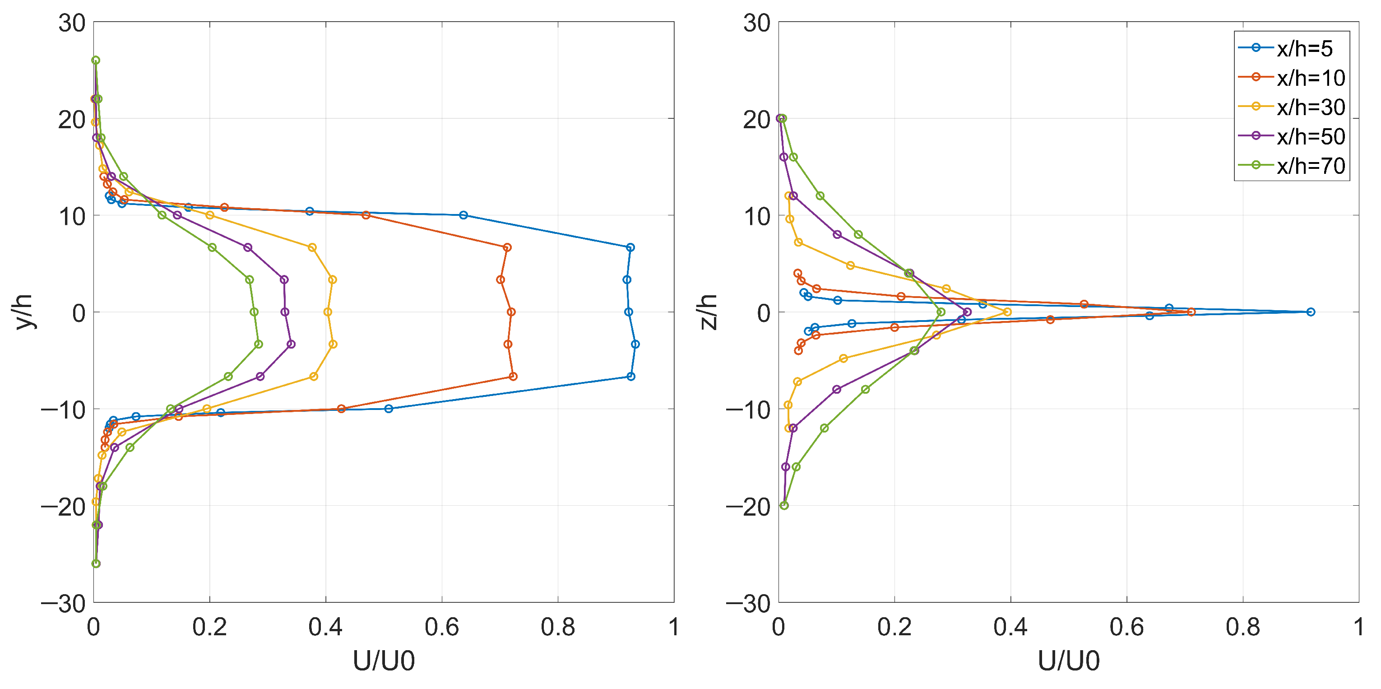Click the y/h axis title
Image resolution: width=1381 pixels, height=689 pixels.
tap(24, 312)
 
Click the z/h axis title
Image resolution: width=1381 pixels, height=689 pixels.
tap(709, 312)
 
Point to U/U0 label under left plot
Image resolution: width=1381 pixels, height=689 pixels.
tap(384, 661)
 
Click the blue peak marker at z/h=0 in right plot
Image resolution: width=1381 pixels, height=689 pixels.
tap(1310, 312)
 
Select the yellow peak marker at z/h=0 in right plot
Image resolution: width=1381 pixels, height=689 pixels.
tap(1007, 312)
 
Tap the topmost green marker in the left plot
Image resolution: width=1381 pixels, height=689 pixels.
tap(95, 61)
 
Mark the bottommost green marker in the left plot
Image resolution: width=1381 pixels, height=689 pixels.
tap(96, 563)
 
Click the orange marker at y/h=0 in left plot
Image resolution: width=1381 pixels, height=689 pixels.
tap(511, 312)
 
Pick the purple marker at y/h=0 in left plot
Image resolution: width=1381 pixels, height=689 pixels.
tap(285, 312)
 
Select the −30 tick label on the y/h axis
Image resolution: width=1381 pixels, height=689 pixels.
tap(63, 604)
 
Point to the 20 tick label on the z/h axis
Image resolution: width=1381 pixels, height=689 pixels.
tap(756, 119)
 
